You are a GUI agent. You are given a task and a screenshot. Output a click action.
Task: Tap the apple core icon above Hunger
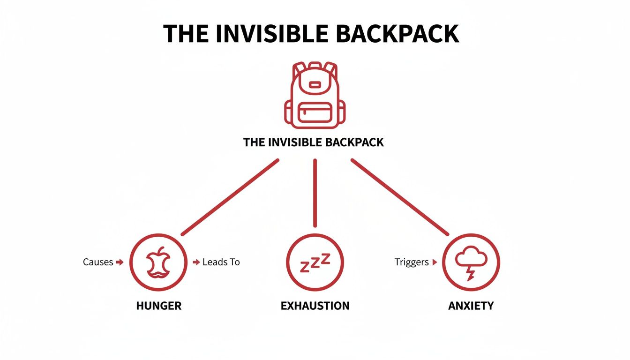[x=158, y=262]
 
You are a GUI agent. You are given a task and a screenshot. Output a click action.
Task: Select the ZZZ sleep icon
[x=315, y=262]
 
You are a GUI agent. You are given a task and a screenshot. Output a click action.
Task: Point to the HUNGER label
[x=158, y=306]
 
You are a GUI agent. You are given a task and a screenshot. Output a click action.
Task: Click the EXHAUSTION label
[x=315, y=306]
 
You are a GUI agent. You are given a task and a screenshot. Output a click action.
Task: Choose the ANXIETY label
[x=471, y=306]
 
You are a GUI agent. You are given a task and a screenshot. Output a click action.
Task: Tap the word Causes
[x=98, y=262]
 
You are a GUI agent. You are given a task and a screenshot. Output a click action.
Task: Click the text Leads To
[x=221, y=262]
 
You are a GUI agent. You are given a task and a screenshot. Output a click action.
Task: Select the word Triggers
[x=412, y=262]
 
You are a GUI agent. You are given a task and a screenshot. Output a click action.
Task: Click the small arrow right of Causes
[x=120, y=262]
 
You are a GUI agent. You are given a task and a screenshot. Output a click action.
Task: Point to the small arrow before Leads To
[x=196, y=262]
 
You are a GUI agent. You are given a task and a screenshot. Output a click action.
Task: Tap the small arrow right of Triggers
[x=435, y=262]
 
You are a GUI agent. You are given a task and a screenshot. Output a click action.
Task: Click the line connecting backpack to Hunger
[x=230, y=197]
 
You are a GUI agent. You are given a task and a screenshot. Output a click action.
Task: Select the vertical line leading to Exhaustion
[x=315, y=193]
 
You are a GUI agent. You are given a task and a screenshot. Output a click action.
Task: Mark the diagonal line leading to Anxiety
[x=400, y=197]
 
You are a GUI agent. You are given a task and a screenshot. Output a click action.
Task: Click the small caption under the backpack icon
[x=314, y=142]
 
